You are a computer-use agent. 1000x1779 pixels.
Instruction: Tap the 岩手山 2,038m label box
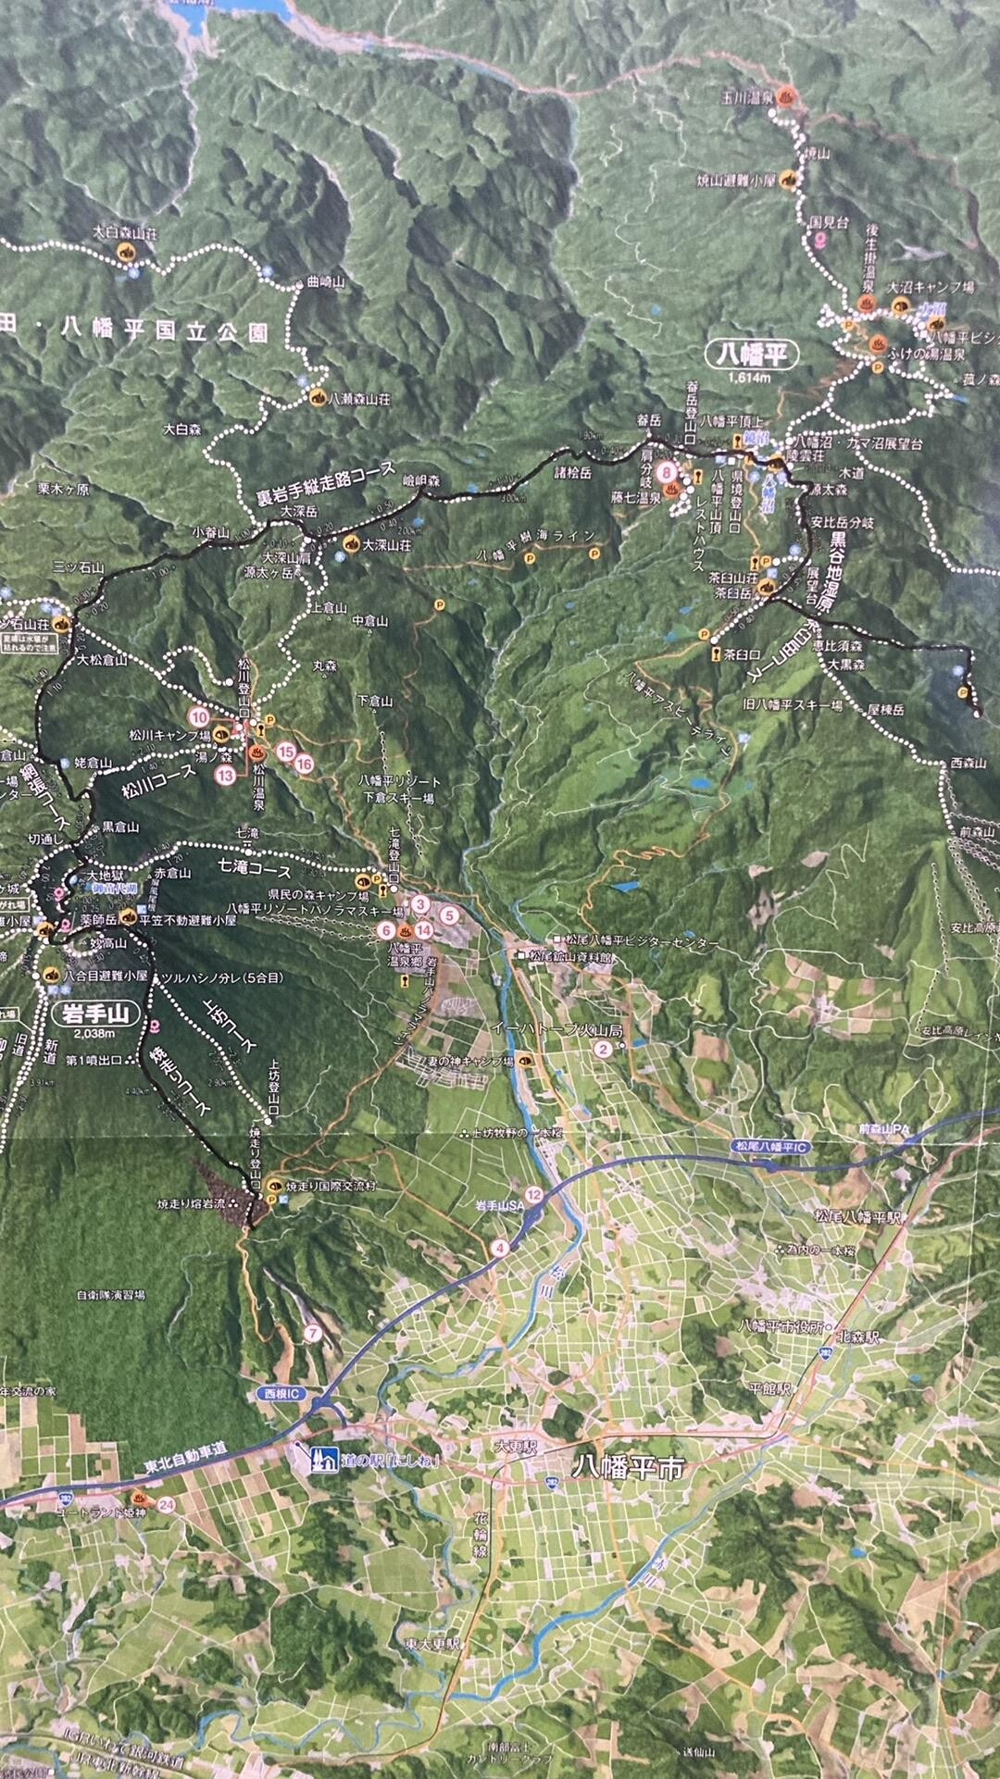pos(100,1014)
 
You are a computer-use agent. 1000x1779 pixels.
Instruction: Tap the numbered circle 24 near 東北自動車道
pos(167,1504)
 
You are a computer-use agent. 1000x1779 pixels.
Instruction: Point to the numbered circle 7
pos(312,1334)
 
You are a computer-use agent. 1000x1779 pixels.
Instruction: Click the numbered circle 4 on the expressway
pos(501,1247)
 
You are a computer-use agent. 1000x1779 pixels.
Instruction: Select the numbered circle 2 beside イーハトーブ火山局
pos(604,1049)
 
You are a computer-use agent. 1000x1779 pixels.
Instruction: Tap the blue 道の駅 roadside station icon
pos(323,1458)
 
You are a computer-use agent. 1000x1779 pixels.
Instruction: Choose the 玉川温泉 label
pos(747,96)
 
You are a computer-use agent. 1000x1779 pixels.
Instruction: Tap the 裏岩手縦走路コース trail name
pos(326,483)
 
